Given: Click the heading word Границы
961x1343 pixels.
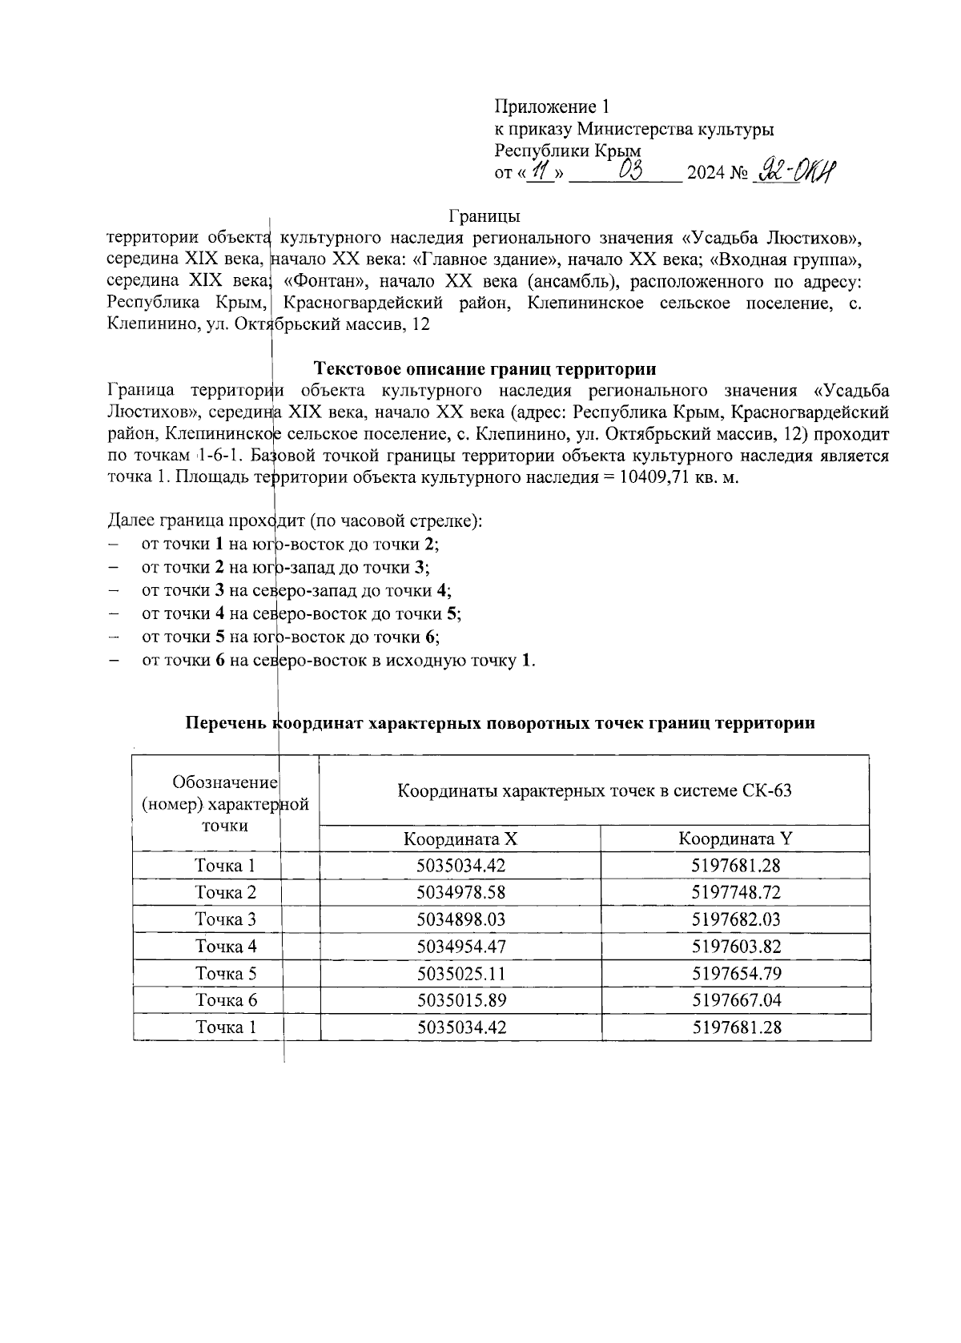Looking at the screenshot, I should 485,216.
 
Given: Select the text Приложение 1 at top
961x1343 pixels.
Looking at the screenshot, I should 552,107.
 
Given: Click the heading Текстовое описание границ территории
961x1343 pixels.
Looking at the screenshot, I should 485,369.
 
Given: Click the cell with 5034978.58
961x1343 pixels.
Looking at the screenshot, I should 460,892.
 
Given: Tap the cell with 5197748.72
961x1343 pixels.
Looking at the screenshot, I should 735,892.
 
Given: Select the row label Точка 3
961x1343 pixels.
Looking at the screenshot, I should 226,919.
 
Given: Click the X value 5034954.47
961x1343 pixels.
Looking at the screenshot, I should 460,947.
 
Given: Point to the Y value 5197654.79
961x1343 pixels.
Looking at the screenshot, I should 735,974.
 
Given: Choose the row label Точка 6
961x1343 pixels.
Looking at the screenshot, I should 226,1000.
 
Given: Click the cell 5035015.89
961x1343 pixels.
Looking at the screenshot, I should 460,1000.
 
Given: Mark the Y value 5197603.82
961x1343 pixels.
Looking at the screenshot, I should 735,947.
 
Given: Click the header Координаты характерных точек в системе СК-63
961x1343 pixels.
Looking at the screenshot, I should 594,791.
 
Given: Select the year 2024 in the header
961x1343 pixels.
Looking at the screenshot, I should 705,173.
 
